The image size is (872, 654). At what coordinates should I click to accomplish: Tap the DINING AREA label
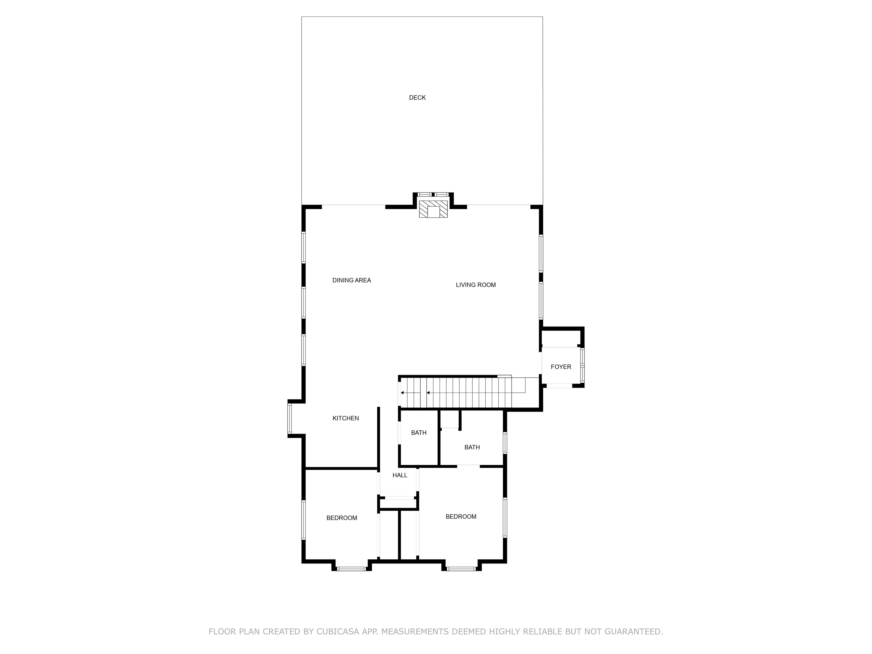click(352, 280)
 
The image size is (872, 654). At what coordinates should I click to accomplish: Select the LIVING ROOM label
click(476, 285)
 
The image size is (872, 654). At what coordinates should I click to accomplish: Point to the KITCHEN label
click(346, 418)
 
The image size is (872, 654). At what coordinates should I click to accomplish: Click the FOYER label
click(561, 367)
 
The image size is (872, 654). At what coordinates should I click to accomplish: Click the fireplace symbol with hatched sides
click(433, 209)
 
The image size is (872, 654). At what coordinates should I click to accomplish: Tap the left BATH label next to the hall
click(419, 433)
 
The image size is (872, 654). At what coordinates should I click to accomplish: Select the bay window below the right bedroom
click(461, 569)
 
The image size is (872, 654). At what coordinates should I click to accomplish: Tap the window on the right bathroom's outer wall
click(505, 443)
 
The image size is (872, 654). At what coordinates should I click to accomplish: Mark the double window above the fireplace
click(433, 194)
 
